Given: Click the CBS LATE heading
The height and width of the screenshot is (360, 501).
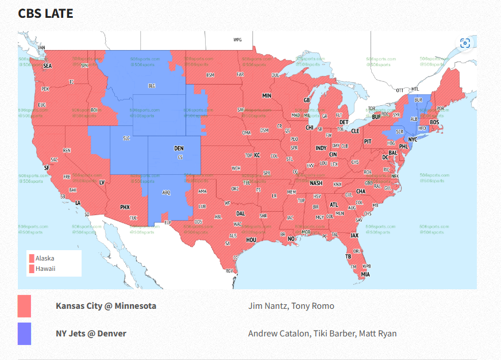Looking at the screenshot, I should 45,13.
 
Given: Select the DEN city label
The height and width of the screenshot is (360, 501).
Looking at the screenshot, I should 179,148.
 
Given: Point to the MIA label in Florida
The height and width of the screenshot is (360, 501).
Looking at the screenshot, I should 365,274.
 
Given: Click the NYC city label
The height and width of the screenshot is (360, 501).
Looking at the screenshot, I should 413,140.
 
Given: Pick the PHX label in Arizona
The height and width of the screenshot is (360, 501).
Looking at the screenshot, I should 125,207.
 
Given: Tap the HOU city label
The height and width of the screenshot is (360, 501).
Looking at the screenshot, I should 251,240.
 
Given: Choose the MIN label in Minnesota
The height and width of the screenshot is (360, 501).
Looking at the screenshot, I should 267,95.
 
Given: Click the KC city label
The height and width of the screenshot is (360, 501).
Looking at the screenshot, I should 257,155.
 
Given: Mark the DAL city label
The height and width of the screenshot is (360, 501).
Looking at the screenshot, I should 240,213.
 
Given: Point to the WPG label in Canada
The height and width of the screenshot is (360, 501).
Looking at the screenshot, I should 237,40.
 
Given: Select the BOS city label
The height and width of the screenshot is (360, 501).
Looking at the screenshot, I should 434,122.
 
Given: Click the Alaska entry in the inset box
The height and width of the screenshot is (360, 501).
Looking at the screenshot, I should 44,259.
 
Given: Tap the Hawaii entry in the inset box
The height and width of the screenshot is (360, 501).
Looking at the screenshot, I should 45,269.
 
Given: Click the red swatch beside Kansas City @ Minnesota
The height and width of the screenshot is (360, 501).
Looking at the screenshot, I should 24,306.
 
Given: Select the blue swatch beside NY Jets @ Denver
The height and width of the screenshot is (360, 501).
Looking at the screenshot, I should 24,334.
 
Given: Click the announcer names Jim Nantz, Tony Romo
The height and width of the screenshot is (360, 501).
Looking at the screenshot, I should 291,306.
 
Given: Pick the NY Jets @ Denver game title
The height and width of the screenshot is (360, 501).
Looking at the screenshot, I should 91,334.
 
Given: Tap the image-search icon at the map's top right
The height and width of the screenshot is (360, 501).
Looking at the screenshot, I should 465,44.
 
